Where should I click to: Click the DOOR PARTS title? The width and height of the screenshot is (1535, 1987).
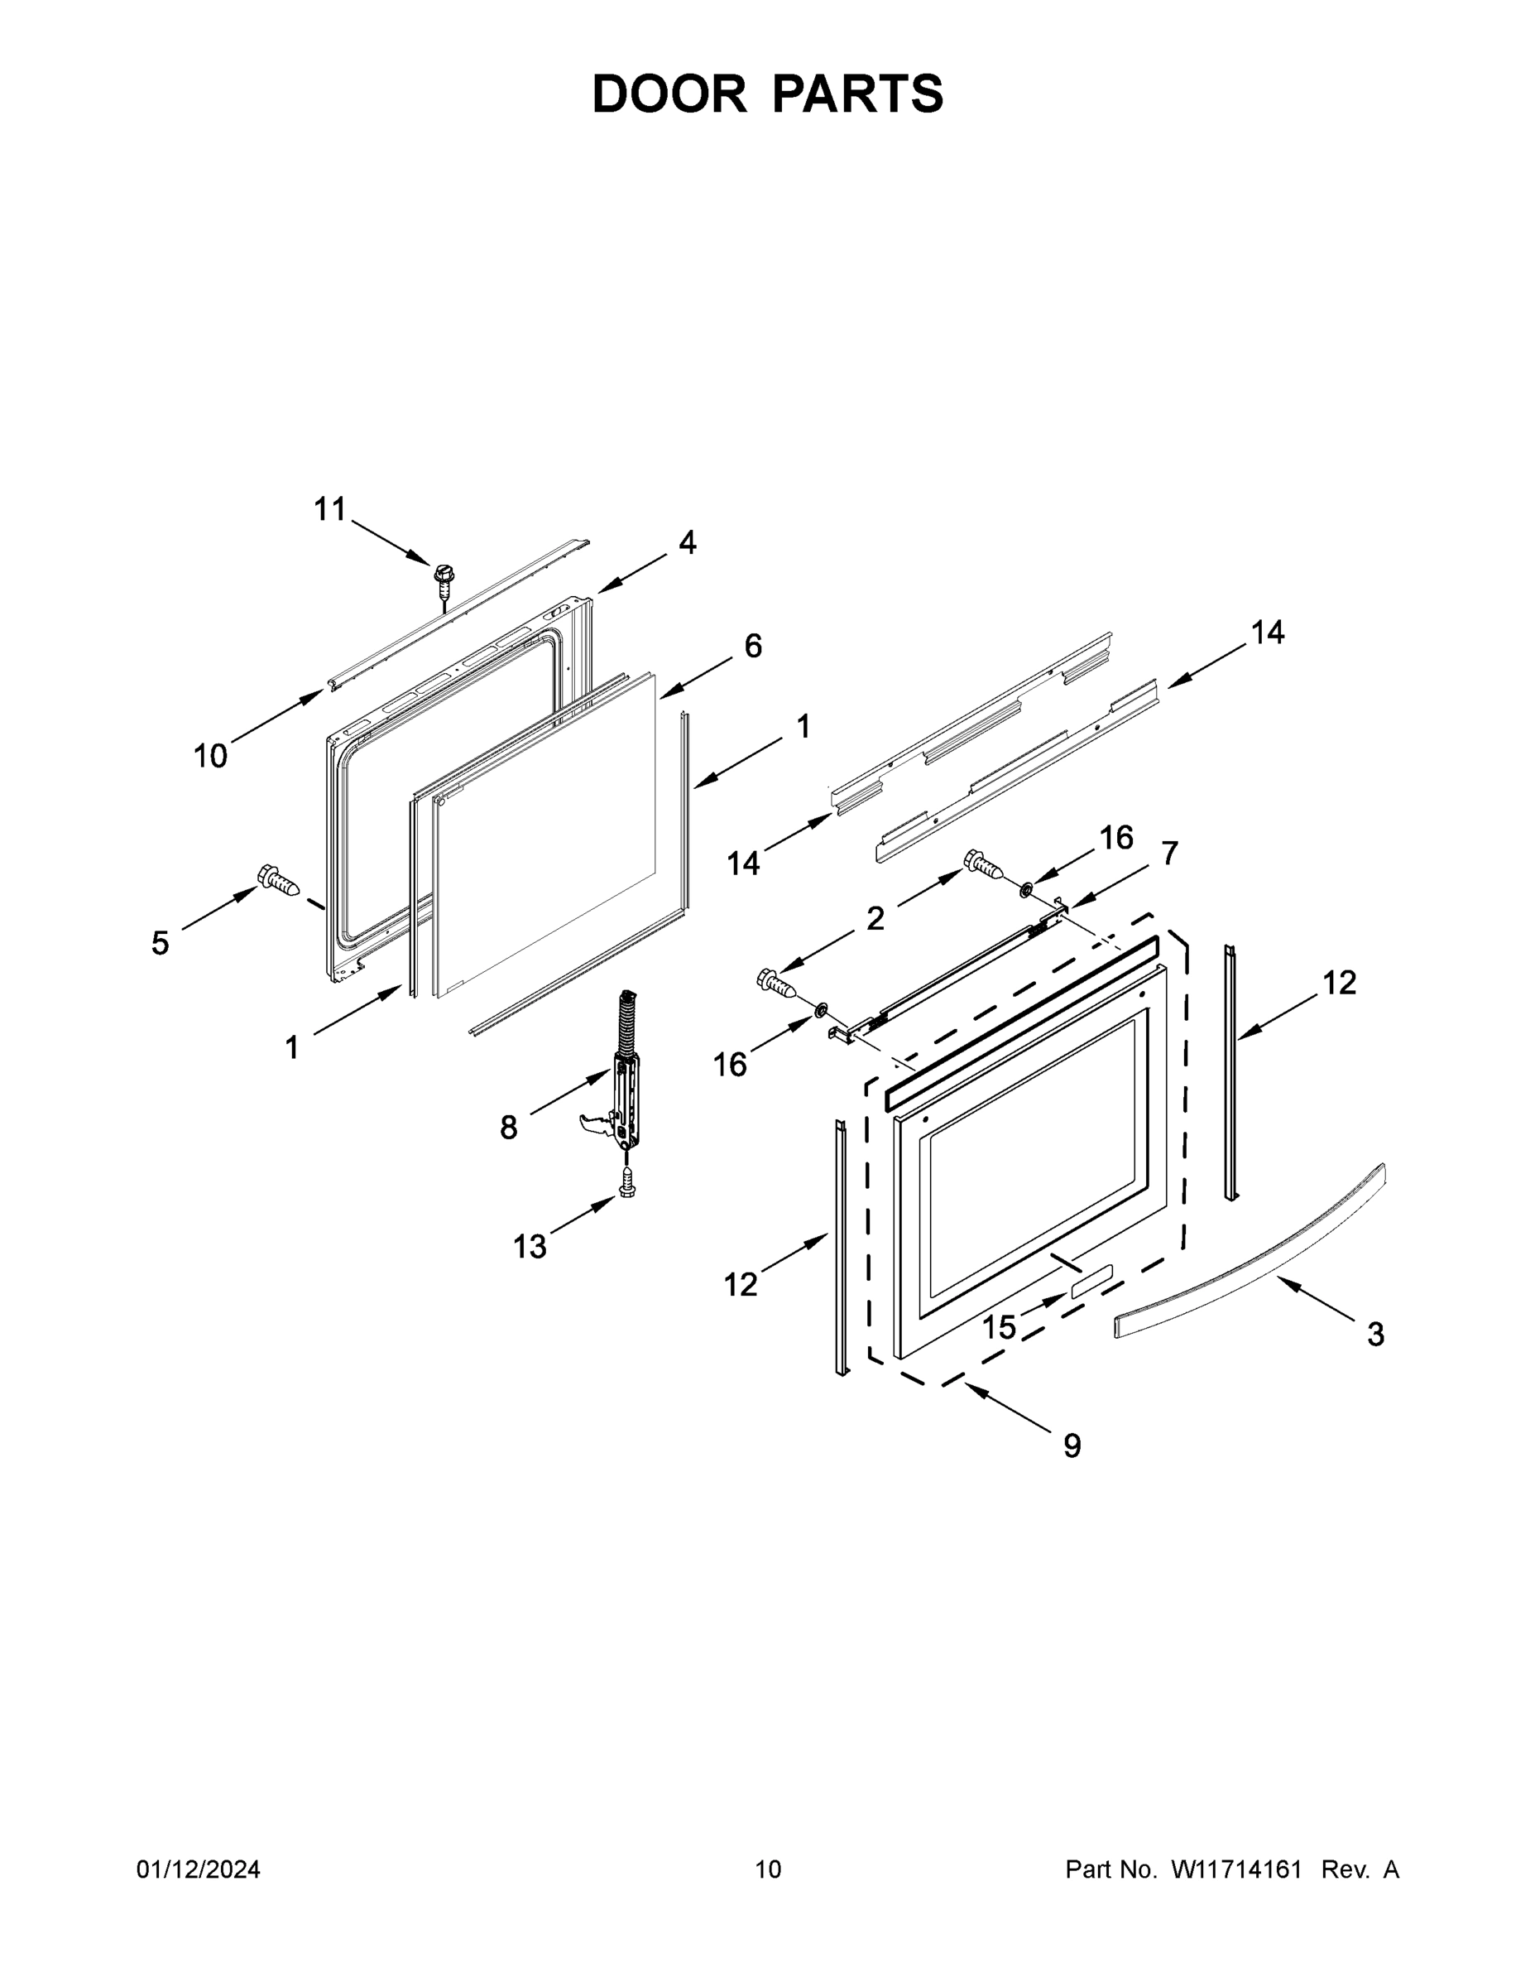tap(768, 94)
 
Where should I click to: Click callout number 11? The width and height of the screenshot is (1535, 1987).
tap(330, 509)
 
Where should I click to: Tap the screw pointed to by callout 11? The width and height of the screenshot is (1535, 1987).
tap(444, 577)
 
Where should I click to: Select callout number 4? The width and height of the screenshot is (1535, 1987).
tap(688, 543)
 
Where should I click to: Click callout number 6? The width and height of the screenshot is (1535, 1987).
tap(753, 646)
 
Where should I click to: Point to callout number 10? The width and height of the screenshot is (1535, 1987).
tap(210, 755)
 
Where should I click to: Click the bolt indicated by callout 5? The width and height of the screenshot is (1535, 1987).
tap(277, 879)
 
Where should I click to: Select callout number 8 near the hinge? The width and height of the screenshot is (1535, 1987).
tap(508, 1128)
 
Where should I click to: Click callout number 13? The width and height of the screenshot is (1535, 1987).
tap(530, 1246)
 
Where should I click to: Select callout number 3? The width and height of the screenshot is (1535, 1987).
tap(1376, 1335)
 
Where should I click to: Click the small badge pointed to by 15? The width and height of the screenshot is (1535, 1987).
tap(1090, 1280)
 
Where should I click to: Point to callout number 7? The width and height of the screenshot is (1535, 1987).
tap(1169, 853)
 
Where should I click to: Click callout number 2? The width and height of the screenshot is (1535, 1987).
tap(875, 919)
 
